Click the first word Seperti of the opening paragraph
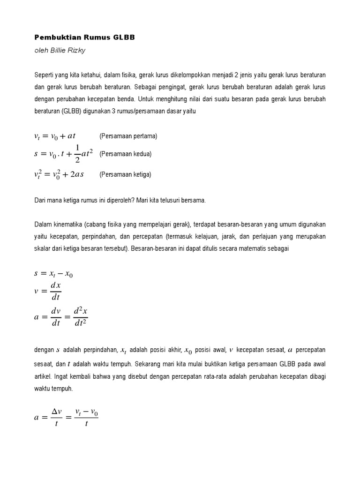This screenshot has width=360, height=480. [45, 75]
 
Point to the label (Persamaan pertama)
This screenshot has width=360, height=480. [128, 136]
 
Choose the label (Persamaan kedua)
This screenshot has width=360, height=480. [126, 154]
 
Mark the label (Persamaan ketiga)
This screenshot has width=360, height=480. [125, 174]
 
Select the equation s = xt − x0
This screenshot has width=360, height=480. [53, 274]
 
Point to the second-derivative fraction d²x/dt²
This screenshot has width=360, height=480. [78, 317]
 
